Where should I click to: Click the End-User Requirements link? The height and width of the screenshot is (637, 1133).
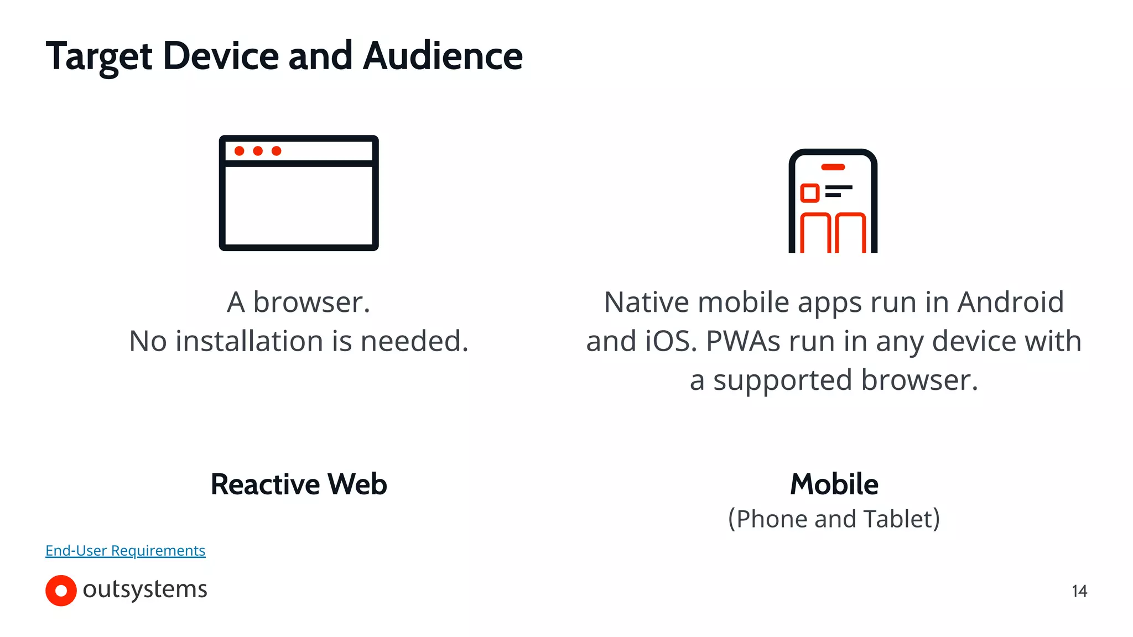[125, 551]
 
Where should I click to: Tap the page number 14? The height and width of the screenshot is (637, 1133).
[1079, 591]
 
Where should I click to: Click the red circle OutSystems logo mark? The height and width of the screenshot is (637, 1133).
[61, 591]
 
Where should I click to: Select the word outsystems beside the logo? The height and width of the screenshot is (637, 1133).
[145, 589]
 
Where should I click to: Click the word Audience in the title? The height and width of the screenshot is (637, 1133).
[443, 56]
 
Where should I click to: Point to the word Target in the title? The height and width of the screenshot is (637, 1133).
[99, 57]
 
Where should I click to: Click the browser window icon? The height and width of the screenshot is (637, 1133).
[299, 193]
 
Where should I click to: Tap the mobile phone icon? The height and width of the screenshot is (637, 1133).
[833, 201]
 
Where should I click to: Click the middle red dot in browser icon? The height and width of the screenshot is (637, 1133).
[258, 151]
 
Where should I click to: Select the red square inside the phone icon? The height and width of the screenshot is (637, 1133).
[810, 193]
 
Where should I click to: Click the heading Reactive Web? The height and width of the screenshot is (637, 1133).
[299, 484]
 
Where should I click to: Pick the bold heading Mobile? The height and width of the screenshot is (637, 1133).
[834, 484]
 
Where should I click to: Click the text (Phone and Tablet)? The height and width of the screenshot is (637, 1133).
[834, 519]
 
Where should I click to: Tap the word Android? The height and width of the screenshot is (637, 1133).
[1010, 302]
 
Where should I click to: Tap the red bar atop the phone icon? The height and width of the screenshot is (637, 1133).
[833, 167]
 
